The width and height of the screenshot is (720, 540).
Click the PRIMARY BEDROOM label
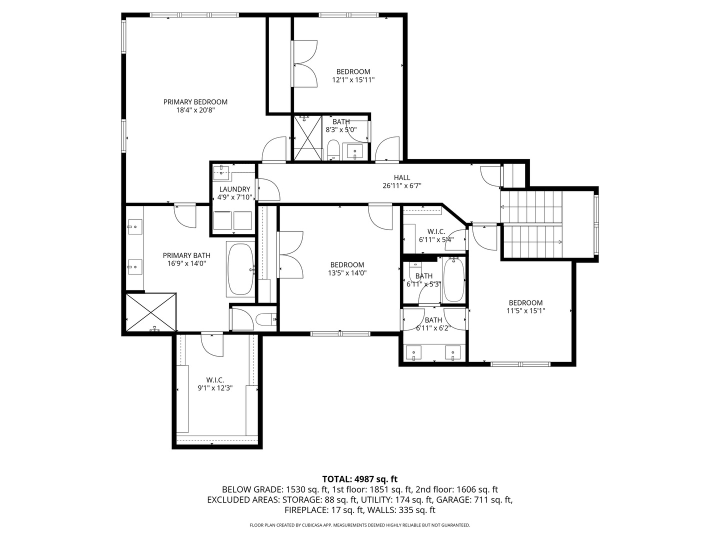click(195, 102)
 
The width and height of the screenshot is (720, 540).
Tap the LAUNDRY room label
click(234, 189)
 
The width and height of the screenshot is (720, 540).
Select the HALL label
click(402, 177)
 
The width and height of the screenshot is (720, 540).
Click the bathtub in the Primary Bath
click(241, 269)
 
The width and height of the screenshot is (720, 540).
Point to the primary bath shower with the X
click(151, 312)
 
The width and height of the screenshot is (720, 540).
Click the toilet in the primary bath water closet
click(265, 319)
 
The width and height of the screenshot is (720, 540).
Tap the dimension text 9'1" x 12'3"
click(215, 388)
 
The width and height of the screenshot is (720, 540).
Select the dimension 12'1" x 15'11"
click(353, 79)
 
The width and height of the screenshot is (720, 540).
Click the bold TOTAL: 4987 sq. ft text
click(360, 479)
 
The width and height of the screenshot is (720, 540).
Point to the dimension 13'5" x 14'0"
click(347, 273)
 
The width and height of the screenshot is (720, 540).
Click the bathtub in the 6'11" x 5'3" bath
click(453, 279)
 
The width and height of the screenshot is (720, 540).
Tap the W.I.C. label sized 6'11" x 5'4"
click(436, 232)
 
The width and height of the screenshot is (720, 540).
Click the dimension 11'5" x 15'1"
click(526, 311)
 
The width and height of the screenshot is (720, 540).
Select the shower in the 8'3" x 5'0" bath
click(307, 137)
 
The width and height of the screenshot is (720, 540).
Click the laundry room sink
click(221, 173)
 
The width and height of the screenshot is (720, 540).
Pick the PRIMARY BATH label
click(186, 255)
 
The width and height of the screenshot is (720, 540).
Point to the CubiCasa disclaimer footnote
click(360, 525)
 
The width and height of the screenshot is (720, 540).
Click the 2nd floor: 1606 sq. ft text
click(456, 490)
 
